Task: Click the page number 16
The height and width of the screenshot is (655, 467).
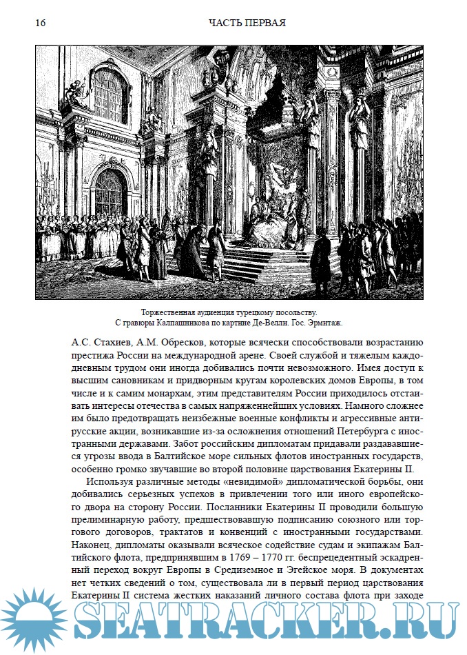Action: pos(40,23)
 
